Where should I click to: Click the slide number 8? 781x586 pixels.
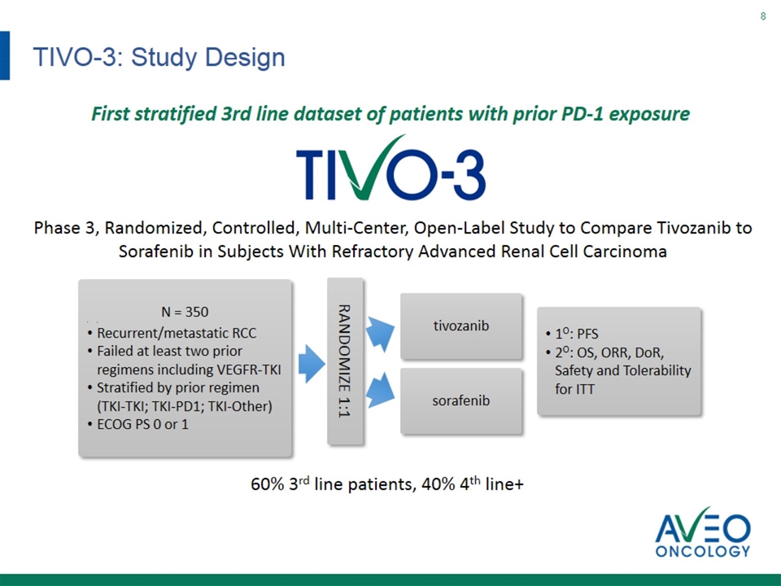[x=762, y=16]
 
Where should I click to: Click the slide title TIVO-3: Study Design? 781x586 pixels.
[x=159, y=57]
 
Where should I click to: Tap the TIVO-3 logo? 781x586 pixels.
[x=390, y=168]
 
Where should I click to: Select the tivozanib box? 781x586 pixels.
[x=461, y=326]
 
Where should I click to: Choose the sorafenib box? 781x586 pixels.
[x=461, y=400]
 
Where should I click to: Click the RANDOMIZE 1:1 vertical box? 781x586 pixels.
[x=345, y=361]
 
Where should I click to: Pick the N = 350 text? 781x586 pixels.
[x=185, y=312]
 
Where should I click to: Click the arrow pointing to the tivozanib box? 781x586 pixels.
[x=381, y=331]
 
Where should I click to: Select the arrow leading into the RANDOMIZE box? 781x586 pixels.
[x=312, y=364]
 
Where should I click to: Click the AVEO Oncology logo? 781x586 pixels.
[x=703, y=532]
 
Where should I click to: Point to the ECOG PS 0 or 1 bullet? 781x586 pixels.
[x=137, y=425]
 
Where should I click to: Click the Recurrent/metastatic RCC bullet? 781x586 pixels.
[x=172, y=333]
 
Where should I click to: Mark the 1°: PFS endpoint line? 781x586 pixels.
[x=572, y=334]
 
